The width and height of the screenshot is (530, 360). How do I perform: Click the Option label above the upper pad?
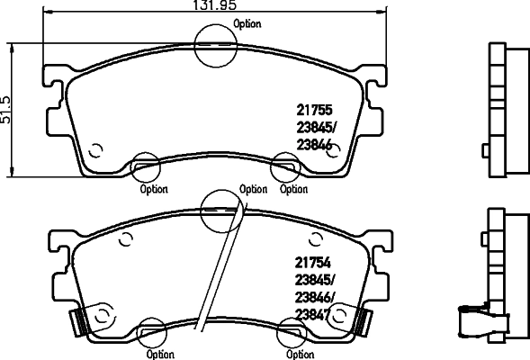click(247, 24)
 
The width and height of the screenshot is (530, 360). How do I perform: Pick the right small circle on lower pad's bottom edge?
click(291, 332)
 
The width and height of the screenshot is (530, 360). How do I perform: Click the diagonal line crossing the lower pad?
click(223, 270)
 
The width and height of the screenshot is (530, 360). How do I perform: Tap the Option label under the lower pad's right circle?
click(300, 354)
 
